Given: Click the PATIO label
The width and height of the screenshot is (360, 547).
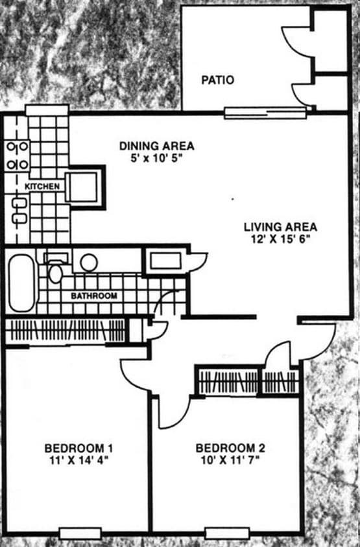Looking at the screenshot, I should [x=217, y=80].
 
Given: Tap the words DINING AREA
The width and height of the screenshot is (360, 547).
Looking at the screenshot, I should [x=156, y=146].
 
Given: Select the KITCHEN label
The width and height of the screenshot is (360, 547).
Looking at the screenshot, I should [x=42, y=187].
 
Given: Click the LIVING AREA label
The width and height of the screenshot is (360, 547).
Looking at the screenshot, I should [x=280, y=227].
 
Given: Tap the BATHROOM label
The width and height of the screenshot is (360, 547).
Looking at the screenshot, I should [x=94, y=296].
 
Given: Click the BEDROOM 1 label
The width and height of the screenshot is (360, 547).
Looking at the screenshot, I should [x=79, y=448].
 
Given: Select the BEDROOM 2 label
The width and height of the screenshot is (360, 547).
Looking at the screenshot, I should [x=230, y=448].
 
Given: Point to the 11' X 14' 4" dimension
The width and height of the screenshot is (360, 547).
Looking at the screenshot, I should [x=79, y=460].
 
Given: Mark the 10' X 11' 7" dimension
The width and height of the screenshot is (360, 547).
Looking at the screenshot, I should [x=230, y=460].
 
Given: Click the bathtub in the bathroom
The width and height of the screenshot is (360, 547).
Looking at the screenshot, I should [x=21, y=283].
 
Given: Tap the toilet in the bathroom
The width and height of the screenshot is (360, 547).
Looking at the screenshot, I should [x=55, y=270].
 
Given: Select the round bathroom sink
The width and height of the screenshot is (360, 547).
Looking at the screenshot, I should [x=89, y=262].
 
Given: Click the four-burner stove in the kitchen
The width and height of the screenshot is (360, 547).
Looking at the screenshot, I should [x=17, y=156].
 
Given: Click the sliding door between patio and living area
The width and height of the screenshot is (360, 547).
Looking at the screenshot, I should [x=265, y=113].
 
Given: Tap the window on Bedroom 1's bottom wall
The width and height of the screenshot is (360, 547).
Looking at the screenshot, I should [x=80, y=533].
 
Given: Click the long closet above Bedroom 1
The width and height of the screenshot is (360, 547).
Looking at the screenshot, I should [x=65, y=330].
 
